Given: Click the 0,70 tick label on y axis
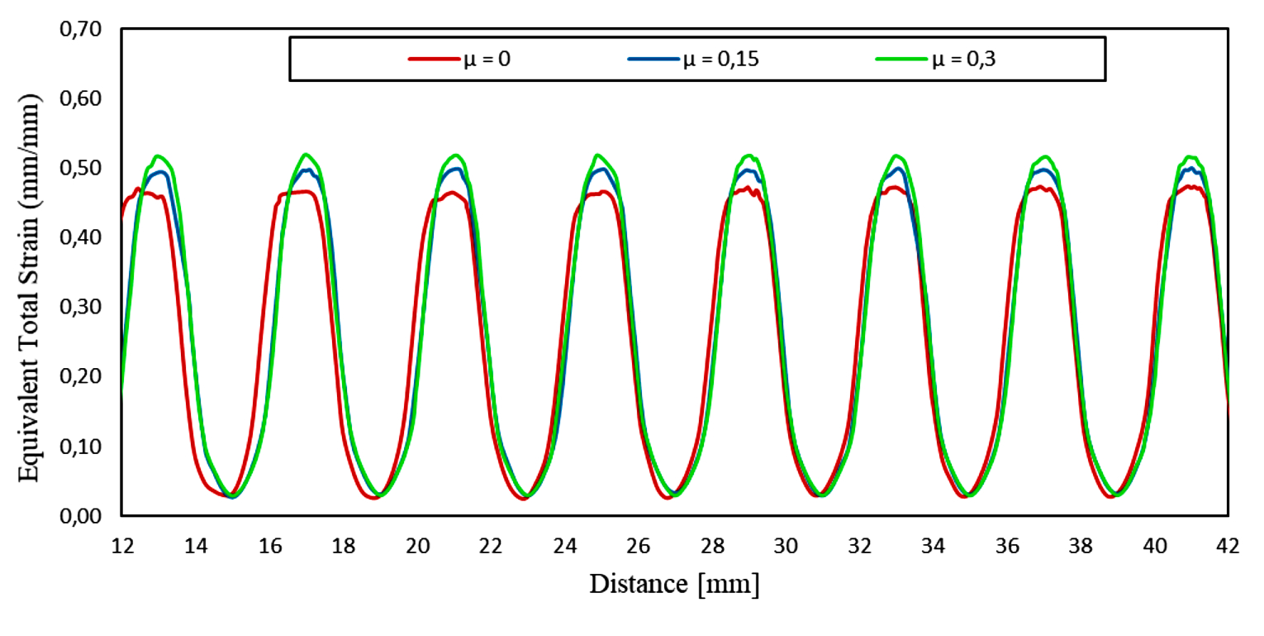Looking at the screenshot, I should click(x=78, y=30).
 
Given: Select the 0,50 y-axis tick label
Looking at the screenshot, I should click(x=78, y=169).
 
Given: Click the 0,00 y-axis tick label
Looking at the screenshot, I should click(x=78, y=517).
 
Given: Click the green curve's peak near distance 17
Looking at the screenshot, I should click(x=306, y=155).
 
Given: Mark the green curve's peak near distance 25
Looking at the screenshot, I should click(x=597, y=155).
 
